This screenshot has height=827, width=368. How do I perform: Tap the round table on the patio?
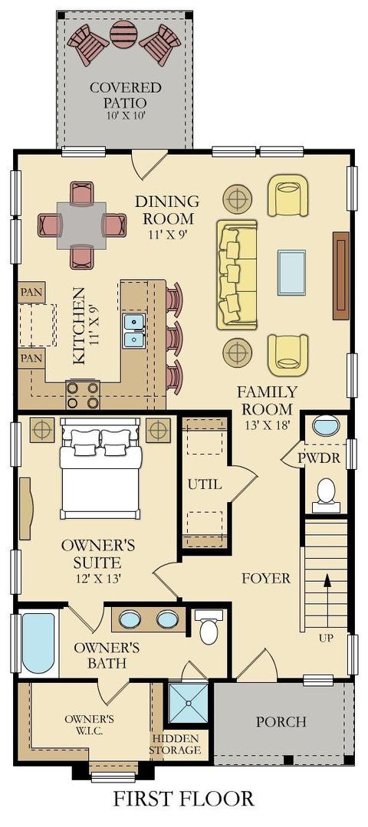tap(124, 34)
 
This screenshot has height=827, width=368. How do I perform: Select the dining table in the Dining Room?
tap(81, 225)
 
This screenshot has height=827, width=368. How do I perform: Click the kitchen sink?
tap(134, 330)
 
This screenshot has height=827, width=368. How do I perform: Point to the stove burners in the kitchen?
tap(83, 395)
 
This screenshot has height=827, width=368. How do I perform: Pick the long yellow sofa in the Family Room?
tap(237, 275)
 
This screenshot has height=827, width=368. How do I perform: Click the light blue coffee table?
tap(291, 273)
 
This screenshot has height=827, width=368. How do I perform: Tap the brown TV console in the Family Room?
tap(340, 275)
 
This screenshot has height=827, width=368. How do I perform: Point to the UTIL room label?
tap(205, 484)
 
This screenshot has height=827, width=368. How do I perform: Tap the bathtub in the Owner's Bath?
tap(38, 643)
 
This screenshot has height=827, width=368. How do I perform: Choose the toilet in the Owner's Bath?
tap(209, 627)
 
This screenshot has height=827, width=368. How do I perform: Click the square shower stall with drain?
tap(189, 704)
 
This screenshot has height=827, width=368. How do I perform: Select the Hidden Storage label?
tap(175, 744)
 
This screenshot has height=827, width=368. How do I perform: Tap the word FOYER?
tap(266, 579)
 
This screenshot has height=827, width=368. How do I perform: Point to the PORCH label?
tap(281, 721)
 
